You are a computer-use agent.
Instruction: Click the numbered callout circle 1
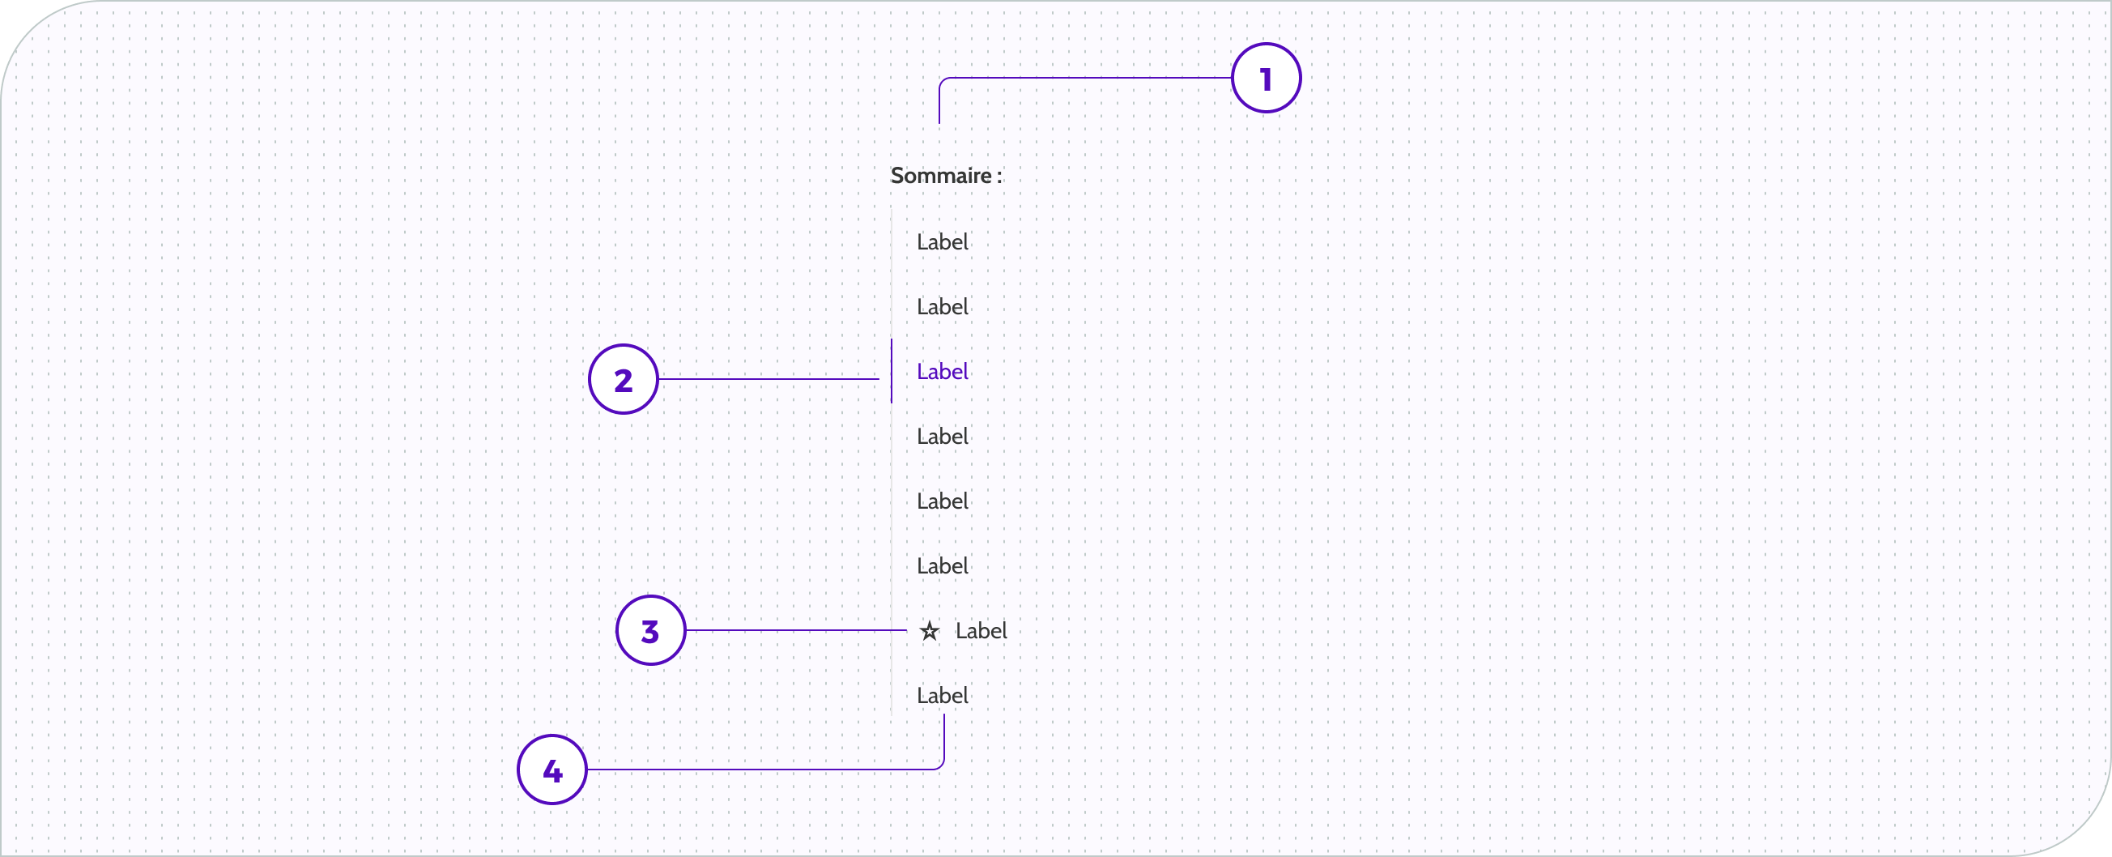[x=1266, y=78]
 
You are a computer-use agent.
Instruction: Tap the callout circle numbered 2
[x=623, y=379]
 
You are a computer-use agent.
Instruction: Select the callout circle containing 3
[x=650, y=630]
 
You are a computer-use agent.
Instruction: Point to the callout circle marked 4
[x=551, y=770]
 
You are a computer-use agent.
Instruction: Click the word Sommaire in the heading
[x=940, y=176]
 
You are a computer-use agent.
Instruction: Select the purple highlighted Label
[x=942, y=372]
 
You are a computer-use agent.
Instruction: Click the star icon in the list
[x=929, y=631]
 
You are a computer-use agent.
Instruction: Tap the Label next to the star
[x=981, y=631]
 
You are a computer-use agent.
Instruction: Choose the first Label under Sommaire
[x=942, y=242]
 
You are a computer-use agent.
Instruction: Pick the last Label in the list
[x=942, y=696]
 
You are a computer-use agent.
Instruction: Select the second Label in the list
[x=942, y=307]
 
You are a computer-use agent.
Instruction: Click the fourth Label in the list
[x=942, y=437]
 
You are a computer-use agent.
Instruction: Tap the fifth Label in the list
[x=942, y=501]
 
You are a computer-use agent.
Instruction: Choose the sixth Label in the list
[x=942, y=566]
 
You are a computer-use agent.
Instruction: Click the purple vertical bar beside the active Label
[x=892, y=371]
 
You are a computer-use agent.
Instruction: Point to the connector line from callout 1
[x=1082, y=78]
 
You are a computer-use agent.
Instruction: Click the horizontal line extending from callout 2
[x=768, y=379]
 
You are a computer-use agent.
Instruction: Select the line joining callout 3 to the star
[x=795, y=630]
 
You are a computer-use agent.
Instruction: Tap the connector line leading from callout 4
[x=763, y=770]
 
